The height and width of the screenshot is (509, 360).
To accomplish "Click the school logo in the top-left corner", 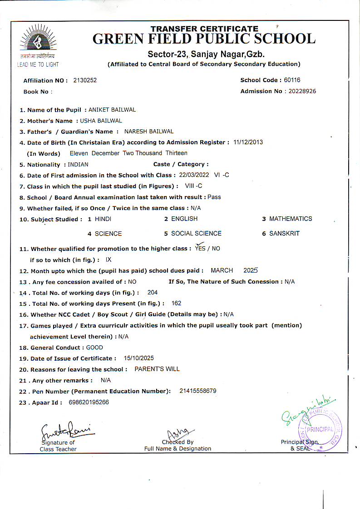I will pos(39,42).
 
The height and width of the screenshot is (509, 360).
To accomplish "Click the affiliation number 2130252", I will pos(85,80).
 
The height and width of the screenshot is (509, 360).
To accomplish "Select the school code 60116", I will pos(292,80).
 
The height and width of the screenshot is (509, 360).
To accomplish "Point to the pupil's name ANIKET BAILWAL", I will pos(112,110).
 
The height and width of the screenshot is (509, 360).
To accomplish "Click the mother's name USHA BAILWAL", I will pos(101,121).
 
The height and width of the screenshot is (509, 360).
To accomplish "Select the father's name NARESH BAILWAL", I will pos(149,132).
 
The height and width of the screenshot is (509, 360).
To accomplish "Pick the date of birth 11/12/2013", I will pos(248,142).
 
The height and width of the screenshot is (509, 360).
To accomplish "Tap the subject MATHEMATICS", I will pos(291,219).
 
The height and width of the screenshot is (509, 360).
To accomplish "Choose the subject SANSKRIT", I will pos(284,234).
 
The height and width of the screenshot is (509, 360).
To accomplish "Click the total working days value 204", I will pos(153,293).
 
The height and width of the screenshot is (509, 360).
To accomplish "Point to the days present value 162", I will pos(176,303).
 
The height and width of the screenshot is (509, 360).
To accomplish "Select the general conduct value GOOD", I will pos(94,347).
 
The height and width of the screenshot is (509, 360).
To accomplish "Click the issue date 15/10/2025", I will pos(138,358).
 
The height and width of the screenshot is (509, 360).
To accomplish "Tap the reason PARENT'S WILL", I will pos(157,369).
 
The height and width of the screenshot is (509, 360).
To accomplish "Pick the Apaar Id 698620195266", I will pos(89,402).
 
